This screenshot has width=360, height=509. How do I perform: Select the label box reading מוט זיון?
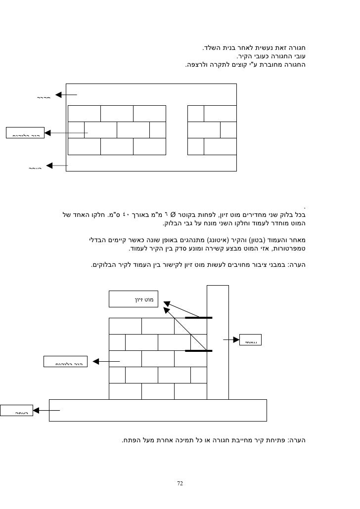pyautogui.click(x=134, y=299)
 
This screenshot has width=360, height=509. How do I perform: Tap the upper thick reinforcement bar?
pyautogui.click(x=199, y=318)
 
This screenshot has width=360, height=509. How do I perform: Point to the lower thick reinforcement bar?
pyautogui.click(x=199, y=351)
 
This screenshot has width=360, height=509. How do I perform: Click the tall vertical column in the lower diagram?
pyautogui.click(x=218, y=341)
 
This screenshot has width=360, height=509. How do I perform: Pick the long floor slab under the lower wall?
pyautogui.click(x=158, y=410)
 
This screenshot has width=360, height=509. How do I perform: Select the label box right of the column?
pyautogui.click(x=251, y=340)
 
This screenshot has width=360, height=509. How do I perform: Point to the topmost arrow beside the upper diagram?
pyautogui.click(x=66, y=95)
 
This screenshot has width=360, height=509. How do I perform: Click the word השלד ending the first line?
pyautogui.click(x=212, y=48)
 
